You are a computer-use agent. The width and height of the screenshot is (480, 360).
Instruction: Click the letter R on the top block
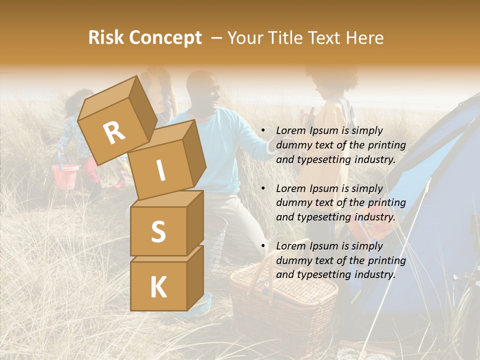tap(114, 133)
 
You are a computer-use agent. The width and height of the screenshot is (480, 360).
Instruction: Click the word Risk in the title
tap(106, 37)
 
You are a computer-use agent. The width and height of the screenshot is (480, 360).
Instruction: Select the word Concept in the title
tap(165, 38)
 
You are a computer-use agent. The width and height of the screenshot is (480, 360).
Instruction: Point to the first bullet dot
tap(263, 131)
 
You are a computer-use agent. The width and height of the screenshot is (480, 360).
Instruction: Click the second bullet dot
tap(263, 188)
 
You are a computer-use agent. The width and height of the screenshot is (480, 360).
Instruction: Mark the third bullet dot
tap(263, 246)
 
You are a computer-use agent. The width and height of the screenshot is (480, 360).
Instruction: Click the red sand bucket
tap(65, 175)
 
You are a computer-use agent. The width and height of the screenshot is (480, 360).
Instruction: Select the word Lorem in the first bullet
tap(290, 130)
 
